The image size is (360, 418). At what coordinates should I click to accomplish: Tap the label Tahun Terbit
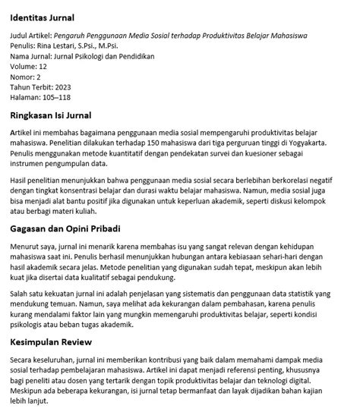pyautogui.click(x=30, y=87)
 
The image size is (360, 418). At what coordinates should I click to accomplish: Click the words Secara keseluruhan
pyautogui.click(x=43, y=360)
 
